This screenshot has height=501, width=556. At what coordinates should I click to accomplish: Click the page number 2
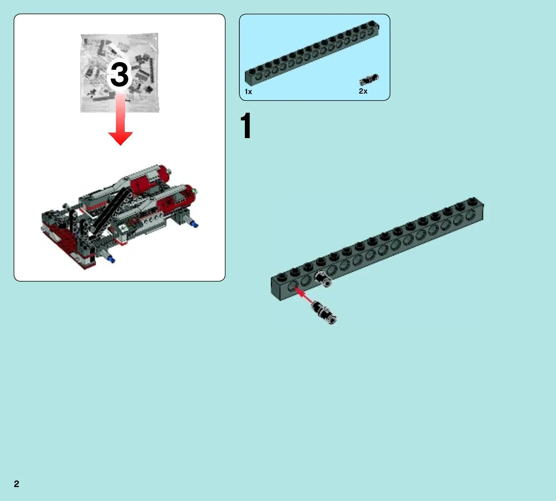[16, 484]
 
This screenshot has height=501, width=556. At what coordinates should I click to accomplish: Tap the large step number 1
[246, 126]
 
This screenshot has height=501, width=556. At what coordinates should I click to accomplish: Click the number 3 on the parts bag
[120, 75]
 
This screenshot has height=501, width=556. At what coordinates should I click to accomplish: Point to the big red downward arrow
[121, 119]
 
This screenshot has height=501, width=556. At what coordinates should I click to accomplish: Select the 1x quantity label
[248, 92]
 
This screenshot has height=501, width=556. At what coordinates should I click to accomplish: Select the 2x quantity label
[363, 91]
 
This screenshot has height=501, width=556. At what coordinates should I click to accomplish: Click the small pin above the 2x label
[369, 79]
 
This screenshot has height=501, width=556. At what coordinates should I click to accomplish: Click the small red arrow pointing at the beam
[304, 296]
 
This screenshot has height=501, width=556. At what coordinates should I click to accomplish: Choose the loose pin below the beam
[324, 312]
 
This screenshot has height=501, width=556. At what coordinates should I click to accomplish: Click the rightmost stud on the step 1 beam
[473, 201]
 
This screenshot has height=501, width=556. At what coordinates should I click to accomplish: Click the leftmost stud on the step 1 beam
[281, 276]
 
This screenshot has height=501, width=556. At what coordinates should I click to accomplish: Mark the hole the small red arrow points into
[292, 286]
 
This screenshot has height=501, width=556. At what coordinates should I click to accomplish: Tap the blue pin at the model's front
[112, 260]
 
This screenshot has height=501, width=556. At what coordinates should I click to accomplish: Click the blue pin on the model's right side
[194, 224]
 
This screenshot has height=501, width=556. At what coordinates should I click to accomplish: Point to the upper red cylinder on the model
[148, 179]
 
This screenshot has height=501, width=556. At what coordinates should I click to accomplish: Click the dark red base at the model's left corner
[67, 245]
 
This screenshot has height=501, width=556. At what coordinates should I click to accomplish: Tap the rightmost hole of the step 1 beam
[470, 215]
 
